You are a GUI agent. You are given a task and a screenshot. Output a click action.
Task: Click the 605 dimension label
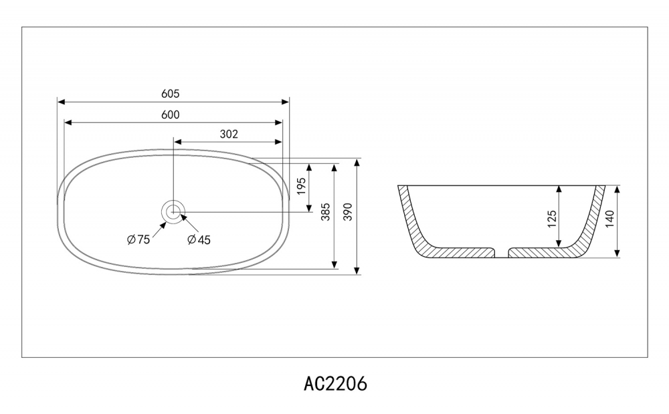[x=170, y=94]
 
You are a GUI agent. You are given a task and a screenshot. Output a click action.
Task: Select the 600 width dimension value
[x=170, y=114]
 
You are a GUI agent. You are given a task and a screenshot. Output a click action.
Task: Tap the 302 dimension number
[x=229, y=134]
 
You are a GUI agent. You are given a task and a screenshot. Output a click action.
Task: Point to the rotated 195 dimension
[x=301, y=187]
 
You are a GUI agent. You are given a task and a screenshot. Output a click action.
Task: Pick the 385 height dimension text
[x=326, y=212]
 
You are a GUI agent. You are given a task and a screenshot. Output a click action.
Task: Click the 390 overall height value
[x=348, y=212]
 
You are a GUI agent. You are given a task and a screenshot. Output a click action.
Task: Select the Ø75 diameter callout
[x=138, y=239]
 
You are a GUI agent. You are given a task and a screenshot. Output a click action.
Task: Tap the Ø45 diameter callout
[x=199, y=239]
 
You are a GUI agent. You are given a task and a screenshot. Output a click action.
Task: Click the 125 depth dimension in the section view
[x=552, y=219]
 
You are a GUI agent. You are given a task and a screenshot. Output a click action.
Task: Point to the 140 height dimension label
[x=609, y=219]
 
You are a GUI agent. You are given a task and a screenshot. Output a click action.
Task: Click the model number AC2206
[x=335, y=384]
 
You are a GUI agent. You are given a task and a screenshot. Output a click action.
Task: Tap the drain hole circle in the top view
[x=173, y=211]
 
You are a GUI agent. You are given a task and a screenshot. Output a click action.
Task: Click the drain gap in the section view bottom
[x=501, y=253]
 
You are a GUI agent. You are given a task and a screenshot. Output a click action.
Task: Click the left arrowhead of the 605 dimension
[x=61, y=102]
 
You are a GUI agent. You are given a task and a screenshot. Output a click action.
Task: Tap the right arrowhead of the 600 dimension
[x=279, y=123]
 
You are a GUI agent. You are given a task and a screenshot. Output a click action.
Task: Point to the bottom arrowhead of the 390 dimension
[x=357, y=271]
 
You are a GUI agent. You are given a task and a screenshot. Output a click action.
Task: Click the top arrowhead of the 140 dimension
[x=617, y=189]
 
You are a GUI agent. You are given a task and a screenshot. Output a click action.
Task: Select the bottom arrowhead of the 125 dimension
[x=559, y=244]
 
